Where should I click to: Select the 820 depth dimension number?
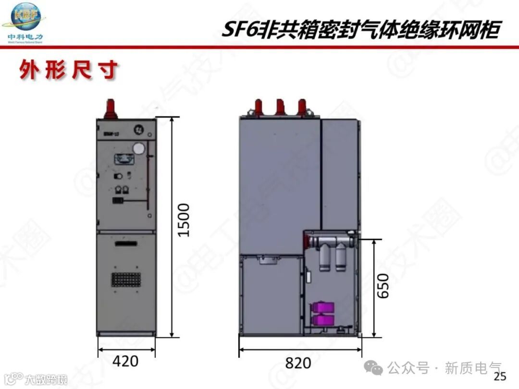click(298, 363)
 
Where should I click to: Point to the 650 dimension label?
click(383, 286)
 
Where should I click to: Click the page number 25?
click(500, 376)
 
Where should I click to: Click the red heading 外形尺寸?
click(69, 71)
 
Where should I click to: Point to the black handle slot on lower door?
click(126, 244)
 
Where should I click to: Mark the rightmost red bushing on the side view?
click(302, 106)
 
